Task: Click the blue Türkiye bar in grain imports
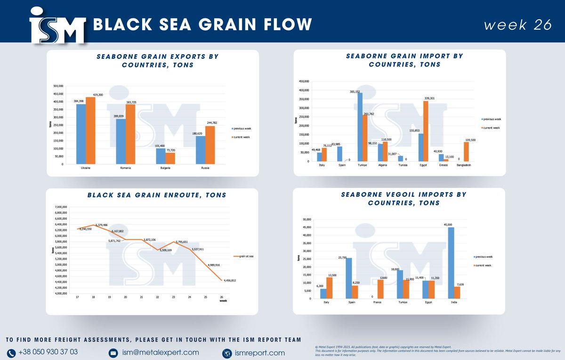[x=360, y=127]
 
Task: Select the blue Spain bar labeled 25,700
[x=349, y=278]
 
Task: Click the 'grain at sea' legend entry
[x=245, y=256]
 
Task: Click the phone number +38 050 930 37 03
[x=48, y=352]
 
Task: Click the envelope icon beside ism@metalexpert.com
[x=113, y=352]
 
